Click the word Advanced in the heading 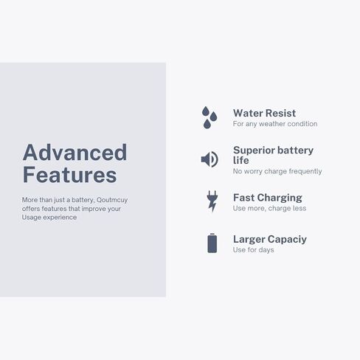point(75,153)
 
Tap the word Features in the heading point(70,175)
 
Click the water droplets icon point(210,117)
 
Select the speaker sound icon point(210,159)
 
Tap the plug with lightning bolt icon point(212,201)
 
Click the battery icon point(212,243)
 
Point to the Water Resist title point(264,113)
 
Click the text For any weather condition point(275,124)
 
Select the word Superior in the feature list point(252,150)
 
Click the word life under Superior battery point(240,160)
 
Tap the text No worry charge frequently point(277,171)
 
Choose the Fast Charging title point(268,198)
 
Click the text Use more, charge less point(269,208)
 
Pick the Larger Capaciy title point(270,239)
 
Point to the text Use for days point(253,250)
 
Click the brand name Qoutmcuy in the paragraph point(112,200)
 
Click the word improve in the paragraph point(94,209)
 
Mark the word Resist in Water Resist point(280,113)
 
